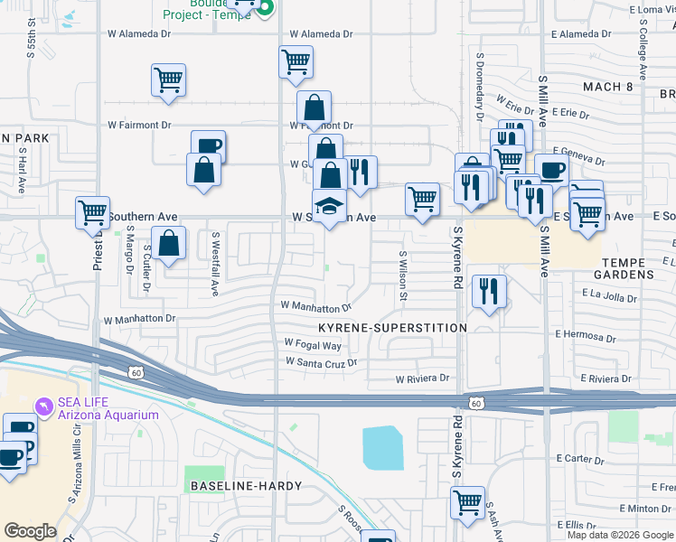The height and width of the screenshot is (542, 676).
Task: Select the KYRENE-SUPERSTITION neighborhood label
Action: point(392,328)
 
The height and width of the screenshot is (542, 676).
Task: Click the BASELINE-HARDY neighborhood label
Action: point(239,486)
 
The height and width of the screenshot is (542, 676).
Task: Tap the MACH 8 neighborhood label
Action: point(607,87)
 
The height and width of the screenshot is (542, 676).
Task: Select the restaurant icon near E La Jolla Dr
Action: point(489,291)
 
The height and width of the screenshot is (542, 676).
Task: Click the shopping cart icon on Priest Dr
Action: point(92,212)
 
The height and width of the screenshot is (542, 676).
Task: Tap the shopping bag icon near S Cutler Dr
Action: point(168,243)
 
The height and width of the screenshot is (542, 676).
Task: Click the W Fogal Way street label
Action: point(313,344)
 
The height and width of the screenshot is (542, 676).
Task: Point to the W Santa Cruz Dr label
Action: point(321,362)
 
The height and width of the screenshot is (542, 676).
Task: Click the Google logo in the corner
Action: point(31,531)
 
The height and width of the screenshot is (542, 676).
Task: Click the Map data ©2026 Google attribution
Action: point(620,535)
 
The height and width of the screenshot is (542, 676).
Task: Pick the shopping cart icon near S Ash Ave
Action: point(467,502)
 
